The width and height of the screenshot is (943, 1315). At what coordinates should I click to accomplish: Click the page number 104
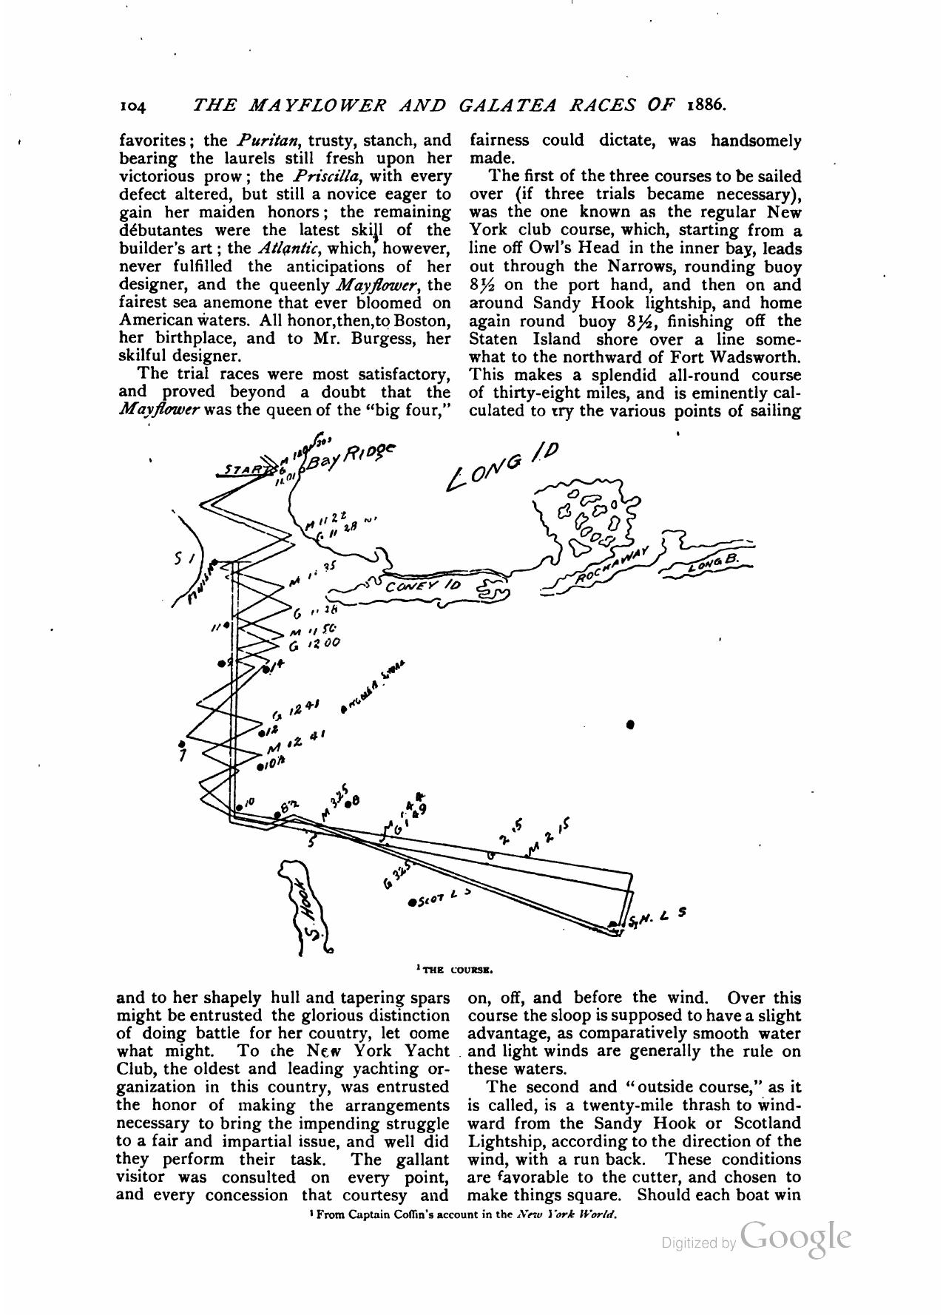coord(134,106)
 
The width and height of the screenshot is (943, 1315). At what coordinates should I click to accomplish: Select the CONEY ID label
coord(423,586)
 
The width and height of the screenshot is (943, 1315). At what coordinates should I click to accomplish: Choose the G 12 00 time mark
coord(314,644)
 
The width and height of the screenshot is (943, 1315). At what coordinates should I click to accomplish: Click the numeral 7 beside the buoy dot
coord(182,756)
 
